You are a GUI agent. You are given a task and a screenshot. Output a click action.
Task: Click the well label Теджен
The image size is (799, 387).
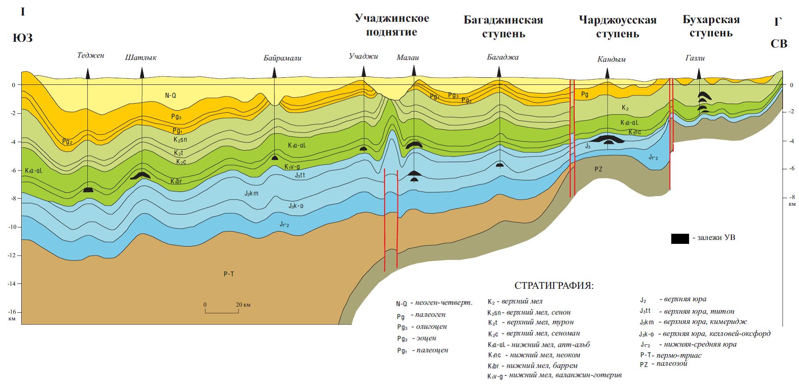[90, 56]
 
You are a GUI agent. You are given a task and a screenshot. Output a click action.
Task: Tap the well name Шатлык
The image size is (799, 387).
[141, 58]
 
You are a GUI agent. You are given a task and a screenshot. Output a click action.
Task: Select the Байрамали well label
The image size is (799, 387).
[276, 58]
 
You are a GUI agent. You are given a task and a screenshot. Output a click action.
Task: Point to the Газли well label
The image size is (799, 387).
[695, 58]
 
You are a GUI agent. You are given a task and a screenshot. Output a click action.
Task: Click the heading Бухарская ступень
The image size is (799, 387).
[711, 26]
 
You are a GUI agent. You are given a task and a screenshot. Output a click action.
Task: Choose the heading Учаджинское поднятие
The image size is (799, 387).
[391, 25]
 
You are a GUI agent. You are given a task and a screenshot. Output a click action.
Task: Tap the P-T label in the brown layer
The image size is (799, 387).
[229, 274]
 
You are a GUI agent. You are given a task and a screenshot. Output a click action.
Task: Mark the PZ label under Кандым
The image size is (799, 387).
[598, 169]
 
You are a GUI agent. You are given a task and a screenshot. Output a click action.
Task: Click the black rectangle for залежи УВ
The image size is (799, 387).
[680, 238]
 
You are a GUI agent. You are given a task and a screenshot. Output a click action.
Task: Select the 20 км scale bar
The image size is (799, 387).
[222, 311]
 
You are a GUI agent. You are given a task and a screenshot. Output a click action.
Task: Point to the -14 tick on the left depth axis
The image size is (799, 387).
[12, 283]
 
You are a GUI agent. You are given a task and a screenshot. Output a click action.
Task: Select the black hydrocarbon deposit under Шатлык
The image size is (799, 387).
[140, 176]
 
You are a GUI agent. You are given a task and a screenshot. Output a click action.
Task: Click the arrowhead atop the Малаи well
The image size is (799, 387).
[414, 71]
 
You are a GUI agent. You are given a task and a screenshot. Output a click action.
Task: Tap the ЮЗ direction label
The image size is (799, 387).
[22, 38]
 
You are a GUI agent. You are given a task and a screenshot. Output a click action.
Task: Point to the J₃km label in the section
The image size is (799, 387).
[251, 193]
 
